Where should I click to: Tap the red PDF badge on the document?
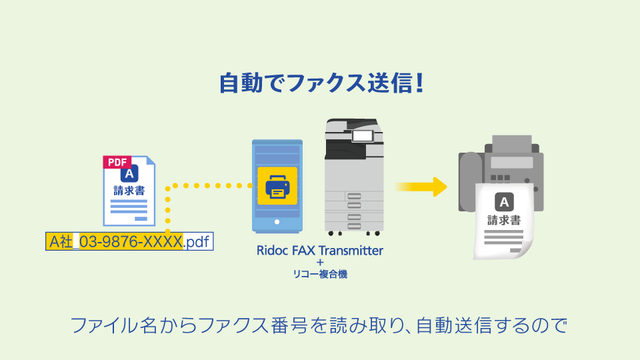(x=117, y=162)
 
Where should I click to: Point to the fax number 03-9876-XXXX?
(x=131, y=241)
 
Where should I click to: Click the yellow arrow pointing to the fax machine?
(x=420, y=187)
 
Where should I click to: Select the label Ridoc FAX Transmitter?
(x=320, y=251)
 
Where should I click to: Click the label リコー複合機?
(x=320, y=273)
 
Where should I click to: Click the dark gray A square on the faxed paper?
(x=504, y=202)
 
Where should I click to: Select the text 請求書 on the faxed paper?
(x=504, y=220)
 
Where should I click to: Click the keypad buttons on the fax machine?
(x=501, y=178)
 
